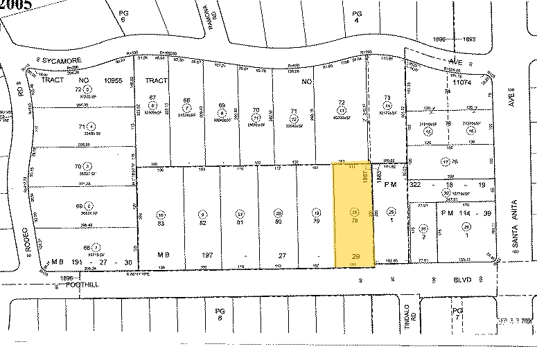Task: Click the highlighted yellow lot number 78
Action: tap(355, 222)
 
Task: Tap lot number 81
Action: tap(240, 222)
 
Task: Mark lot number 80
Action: tap(279, 222)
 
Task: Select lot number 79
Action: tap(317, 222)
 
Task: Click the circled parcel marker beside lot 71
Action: tap(91, 127)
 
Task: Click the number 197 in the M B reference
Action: tap(206, 255)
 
